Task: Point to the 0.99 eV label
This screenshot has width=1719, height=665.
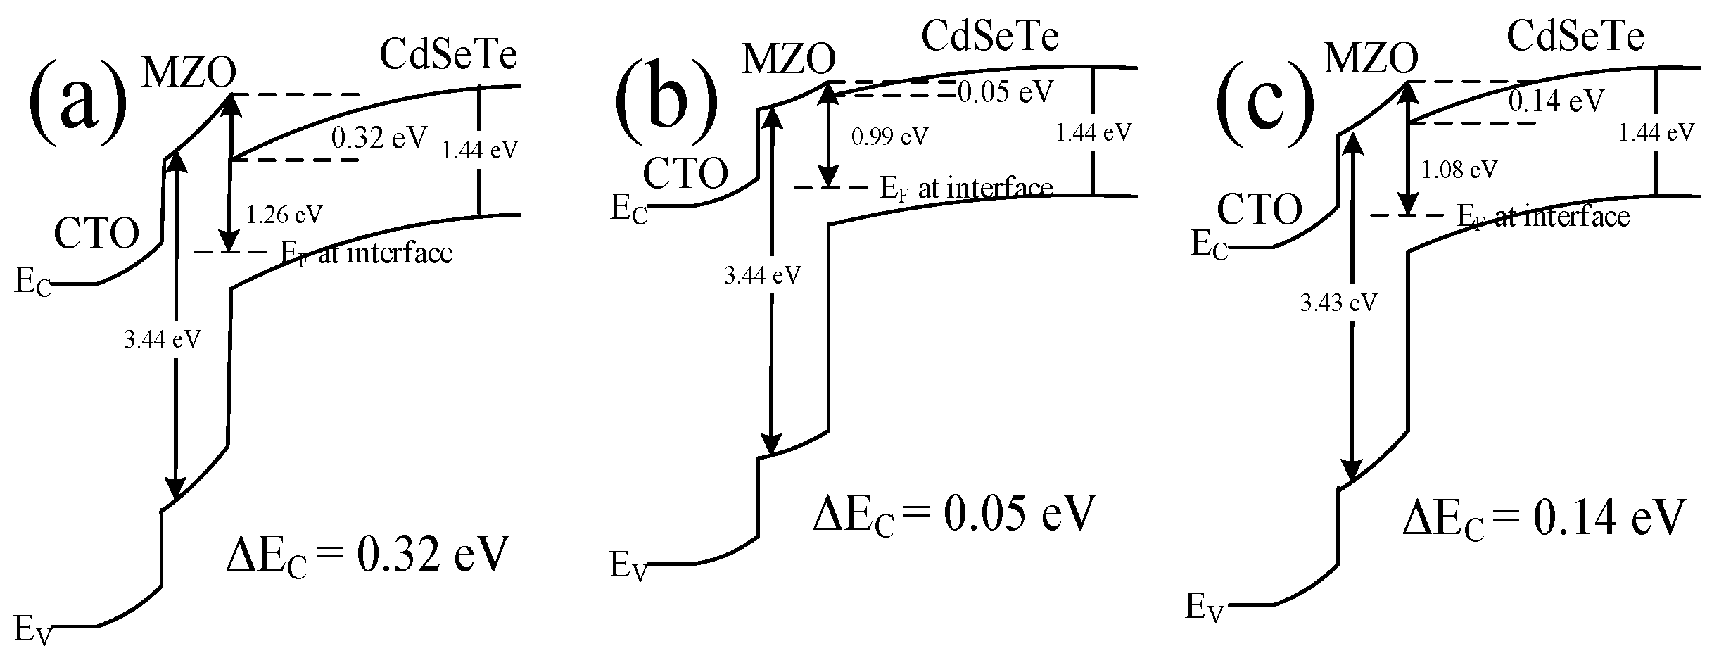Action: click(889, 136)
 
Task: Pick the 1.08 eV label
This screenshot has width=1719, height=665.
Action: click(1459, 169)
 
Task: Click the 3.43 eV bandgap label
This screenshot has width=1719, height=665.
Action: click(1338, 303)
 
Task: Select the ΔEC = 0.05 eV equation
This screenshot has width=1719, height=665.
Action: click(955, 515)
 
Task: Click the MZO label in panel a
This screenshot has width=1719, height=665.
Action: click(189, 72)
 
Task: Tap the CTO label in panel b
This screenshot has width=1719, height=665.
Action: click(685, 173)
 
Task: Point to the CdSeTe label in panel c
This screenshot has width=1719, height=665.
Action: click(1575, 34)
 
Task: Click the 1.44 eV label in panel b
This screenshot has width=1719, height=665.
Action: click(1093, 132)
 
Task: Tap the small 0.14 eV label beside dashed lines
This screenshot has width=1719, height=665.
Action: click(1556, 101)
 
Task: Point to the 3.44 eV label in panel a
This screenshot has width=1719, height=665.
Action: click(162, 340)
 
